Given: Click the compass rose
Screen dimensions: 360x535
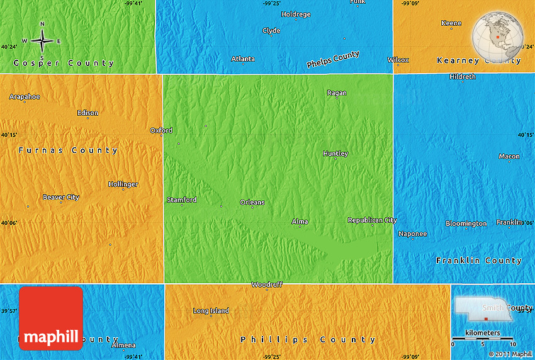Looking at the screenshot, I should (42, 40).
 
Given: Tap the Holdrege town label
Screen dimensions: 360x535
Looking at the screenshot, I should (296, 14).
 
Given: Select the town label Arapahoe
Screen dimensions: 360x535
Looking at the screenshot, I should (25, 96).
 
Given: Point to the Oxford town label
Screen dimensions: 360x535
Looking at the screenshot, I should (161, 130).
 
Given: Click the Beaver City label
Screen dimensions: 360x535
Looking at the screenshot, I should (61, 197).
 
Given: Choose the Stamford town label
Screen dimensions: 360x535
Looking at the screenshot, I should (181, 200).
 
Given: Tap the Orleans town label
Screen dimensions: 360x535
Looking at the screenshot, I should (252, 202).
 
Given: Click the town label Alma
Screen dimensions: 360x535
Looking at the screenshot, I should (300, 222).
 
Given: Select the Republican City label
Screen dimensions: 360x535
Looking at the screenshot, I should (373, 220).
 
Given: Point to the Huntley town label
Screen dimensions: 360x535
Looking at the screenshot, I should (335, 154).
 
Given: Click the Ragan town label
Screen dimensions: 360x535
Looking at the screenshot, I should (337, 93).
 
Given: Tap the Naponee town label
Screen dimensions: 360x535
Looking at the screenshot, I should (413, 234).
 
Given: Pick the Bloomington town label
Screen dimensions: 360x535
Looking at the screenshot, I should (466, 223).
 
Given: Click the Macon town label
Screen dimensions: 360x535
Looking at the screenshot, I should (509, 156).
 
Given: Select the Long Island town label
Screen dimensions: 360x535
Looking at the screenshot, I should (211, 311).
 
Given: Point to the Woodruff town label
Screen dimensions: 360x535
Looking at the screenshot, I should (267, 284).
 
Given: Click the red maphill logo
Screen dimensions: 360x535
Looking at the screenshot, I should (51, 318).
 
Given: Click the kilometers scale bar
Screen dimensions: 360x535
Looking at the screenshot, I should (483, 339).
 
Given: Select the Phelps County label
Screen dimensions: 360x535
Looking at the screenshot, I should (333, 60).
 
